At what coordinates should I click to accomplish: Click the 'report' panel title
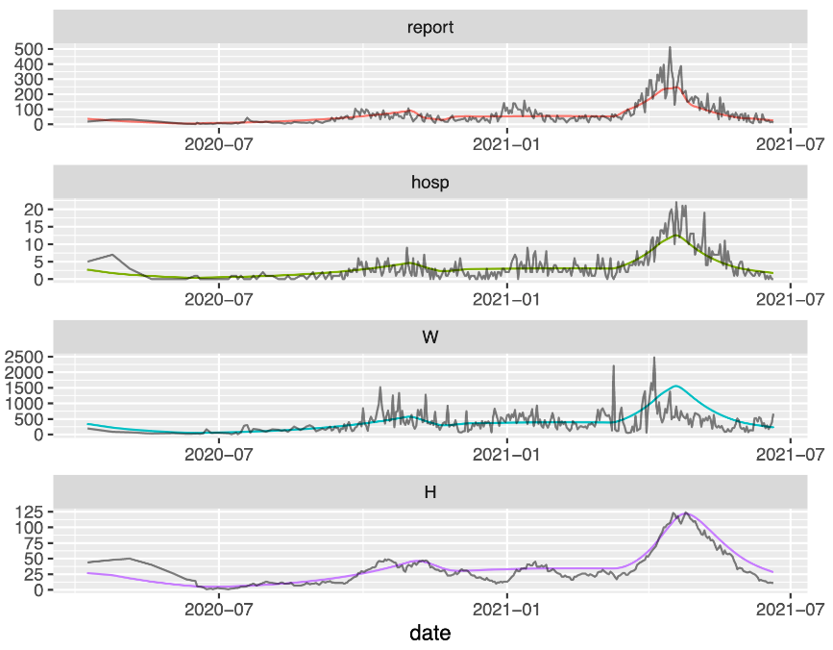[x=429, y=27]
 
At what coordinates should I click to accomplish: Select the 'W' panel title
[x=429, y=337]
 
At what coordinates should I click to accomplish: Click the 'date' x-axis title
[x=429, y=633]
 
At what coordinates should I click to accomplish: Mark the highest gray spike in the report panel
[x=670, y=47]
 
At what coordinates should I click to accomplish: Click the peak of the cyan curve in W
[x=676, y=387]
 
